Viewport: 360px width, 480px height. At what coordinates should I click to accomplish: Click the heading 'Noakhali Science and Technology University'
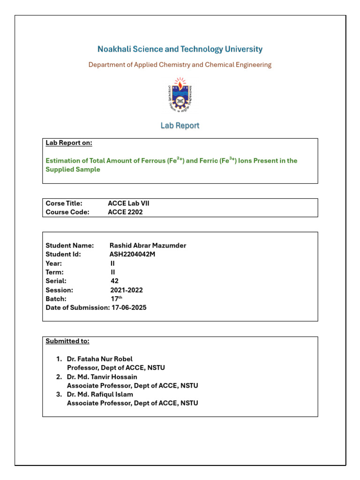[x=180, y=49]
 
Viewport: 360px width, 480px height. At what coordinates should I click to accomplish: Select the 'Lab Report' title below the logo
[x=180, y=126]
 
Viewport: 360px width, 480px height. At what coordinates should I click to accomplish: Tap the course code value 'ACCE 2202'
[x=125, y=212]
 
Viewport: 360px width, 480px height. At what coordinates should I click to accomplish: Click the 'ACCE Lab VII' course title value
[x=128, y=203]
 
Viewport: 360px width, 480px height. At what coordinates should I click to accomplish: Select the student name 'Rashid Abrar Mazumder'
[x=148, y=246]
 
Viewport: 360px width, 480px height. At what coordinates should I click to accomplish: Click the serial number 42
[x=114, y=281]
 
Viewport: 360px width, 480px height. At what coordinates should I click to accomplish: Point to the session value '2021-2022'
[x=127, y=290]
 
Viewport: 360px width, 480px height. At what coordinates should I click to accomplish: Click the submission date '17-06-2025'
[x=129, y=307]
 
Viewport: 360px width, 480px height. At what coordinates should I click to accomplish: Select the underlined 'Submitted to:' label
[x=67, y=341]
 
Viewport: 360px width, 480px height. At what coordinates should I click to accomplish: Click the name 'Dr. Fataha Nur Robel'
[x=100, y=359]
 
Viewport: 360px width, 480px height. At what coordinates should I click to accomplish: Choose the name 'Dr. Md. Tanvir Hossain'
[x=102, y=377]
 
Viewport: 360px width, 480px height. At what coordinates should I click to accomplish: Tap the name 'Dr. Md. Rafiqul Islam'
[x=100, y=394]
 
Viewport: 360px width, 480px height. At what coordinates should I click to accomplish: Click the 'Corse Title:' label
[x=64, y=203]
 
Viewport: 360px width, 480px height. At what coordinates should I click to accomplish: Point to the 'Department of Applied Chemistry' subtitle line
[x=180, y=65]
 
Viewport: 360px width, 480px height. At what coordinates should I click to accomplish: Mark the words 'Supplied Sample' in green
[x=73, y=170]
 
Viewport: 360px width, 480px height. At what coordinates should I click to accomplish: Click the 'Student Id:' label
[x=63, y=255]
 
